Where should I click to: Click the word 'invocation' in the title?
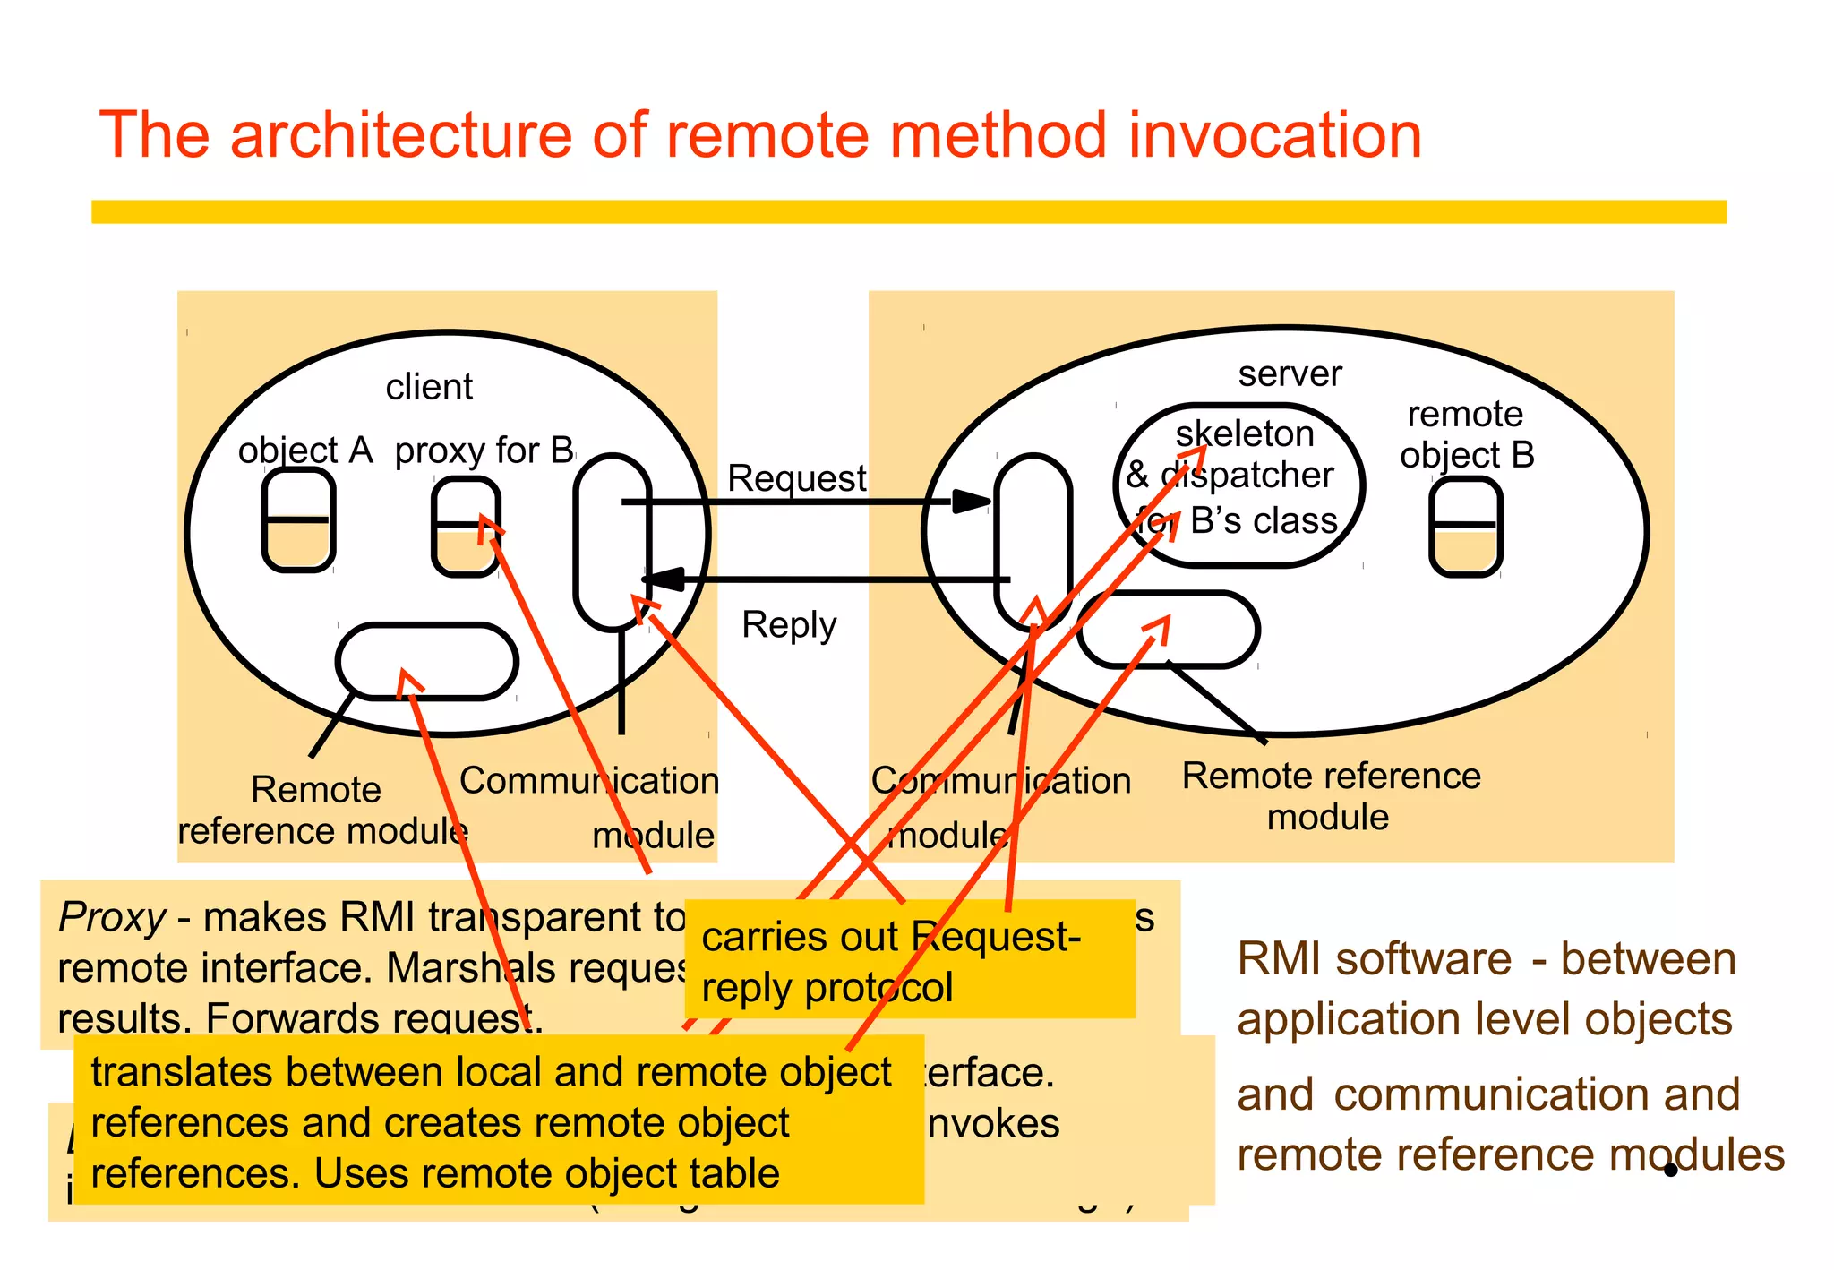(1274, 136)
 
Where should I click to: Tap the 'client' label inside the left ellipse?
(429, 387)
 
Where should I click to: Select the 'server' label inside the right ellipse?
(1290, 373)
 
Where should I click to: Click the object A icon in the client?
(298, 520)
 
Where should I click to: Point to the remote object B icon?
(1465, 527)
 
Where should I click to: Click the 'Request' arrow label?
(796, 478)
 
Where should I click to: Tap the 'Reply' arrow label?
(789, 624)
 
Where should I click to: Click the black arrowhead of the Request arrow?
(972, 502)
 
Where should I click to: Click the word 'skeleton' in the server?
(1245, 434)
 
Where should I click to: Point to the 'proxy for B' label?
(484, 451)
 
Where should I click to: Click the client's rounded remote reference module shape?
(427, 662)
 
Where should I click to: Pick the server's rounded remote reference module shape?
(1169, 630)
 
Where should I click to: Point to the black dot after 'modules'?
(1670, 1170)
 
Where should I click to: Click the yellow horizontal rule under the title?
(908, 211)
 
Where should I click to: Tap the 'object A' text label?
(304, 451)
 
